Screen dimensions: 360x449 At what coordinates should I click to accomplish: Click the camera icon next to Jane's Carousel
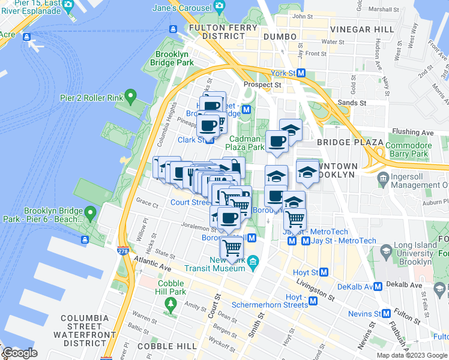[x=220, y=7]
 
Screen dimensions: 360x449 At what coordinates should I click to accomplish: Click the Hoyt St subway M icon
[x=325, y=272]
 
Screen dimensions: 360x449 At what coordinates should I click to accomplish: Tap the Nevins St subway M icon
[x=386, y=313]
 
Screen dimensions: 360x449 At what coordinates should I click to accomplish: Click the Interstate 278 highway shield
[x=124, y=252]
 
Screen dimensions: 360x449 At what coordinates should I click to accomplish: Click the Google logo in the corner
[x=20, y=353]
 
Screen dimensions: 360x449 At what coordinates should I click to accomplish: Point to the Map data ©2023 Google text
[x=412, y=355]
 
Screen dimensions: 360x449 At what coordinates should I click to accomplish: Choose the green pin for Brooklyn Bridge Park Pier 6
[x=91, y=212]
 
